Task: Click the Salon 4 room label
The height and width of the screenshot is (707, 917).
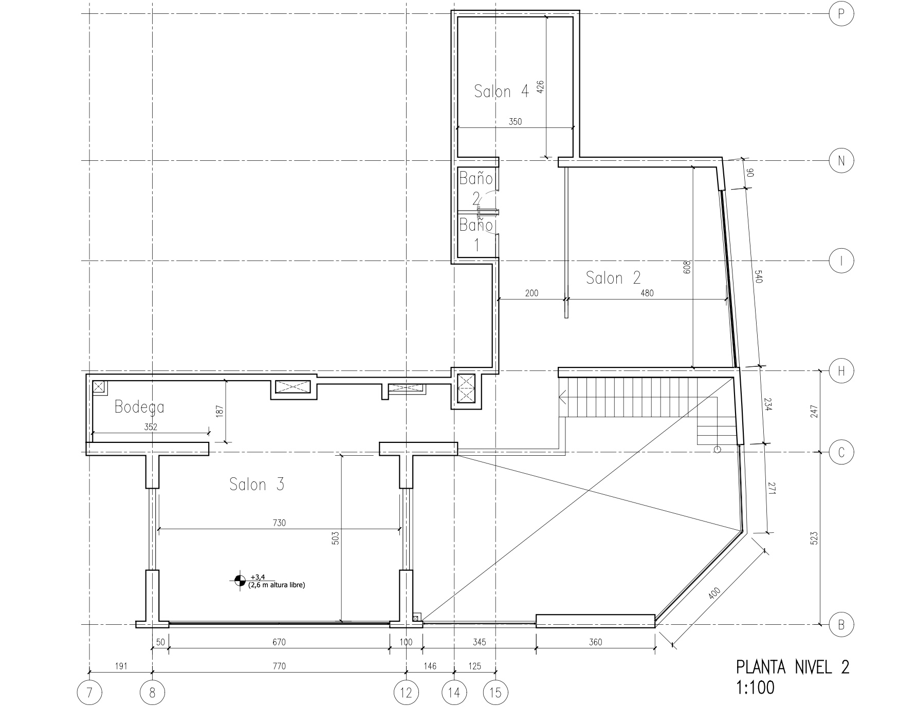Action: [501, 91]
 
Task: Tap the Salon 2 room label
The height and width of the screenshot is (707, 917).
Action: [613, 278]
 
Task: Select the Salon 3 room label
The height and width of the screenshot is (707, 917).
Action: [256, 484]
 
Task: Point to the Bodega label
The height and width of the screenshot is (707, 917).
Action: [139, 407]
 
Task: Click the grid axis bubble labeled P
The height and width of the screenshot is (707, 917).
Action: [841, 14]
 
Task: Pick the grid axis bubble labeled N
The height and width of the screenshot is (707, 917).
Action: [841, 161]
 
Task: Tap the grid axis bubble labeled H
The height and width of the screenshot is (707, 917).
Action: [841, 370]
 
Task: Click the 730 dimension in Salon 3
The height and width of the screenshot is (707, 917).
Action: [279, 523]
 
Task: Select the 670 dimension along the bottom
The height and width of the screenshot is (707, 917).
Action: [279, 642]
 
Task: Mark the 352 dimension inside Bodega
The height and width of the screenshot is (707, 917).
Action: [151, 426]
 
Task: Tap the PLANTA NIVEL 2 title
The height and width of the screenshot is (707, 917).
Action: [793, 667]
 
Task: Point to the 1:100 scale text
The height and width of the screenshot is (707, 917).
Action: [755, 687]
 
